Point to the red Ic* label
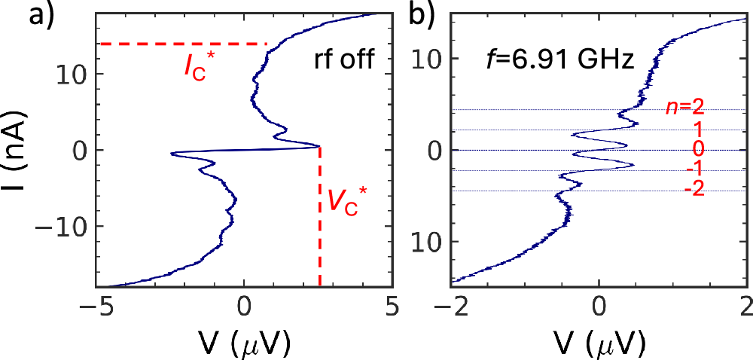tap(200, 67)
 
